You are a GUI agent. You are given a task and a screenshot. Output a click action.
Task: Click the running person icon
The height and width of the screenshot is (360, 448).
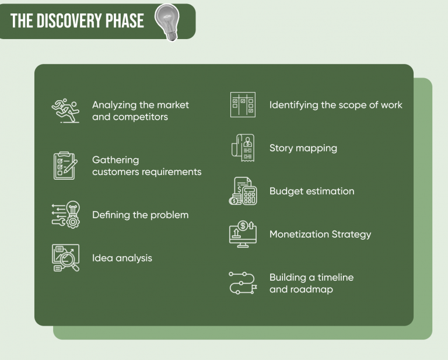tap(65, 110)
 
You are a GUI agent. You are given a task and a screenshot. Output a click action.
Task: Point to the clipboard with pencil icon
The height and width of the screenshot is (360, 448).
tap(65, 166)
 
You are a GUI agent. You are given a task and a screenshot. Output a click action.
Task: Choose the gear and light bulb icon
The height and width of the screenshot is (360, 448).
tap(65, 215)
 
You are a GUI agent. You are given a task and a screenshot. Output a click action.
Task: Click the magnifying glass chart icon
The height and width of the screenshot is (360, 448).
tap(65, 257)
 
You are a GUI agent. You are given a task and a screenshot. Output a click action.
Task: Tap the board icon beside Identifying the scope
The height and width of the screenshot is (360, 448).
tap(243, 105)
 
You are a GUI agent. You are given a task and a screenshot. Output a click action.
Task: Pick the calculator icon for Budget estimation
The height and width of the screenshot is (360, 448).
tap(243, 191)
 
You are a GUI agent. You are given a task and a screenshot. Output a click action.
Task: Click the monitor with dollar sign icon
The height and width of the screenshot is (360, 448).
tap(243, 234)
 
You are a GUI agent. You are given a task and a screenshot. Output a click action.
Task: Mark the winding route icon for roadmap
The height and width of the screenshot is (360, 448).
tap(243, 283)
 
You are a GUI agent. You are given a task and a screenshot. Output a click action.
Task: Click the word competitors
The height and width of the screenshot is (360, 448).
tap(141, 117)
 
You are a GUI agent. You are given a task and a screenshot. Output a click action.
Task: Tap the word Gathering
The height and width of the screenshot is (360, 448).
tap(116, 160)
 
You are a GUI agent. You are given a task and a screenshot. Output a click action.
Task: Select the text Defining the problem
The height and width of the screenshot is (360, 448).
tap(140, 215)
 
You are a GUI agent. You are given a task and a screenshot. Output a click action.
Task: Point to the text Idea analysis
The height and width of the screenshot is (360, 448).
tap(122, 258)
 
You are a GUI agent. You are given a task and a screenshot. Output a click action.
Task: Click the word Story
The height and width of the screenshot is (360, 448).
tap(281, 148)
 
